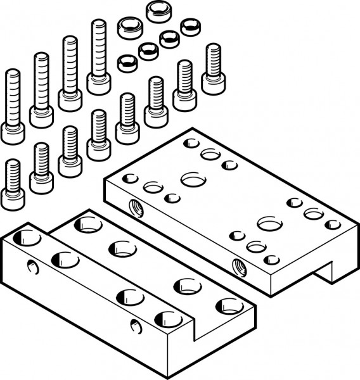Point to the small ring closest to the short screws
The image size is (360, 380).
(x=128, y=61)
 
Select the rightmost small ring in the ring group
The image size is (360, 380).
(x=190, y=27)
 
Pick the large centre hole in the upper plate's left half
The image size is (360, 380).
(x=193, y=179)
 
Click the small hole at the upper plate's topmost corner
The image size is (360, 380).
(x=191, y=143)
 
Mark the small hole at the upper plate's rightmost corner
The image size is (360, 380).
(x=333, y=224)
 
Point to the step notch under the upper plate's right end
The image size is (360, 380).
(x=327, y=272)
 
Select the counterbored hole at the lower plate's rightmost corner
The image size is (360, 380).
(x=229, y=306)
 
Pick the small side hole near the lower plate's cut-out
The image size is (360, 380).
(x=135, y=326)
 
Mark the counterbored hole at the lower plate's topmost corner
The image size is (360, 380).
(x=87, y=224)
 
